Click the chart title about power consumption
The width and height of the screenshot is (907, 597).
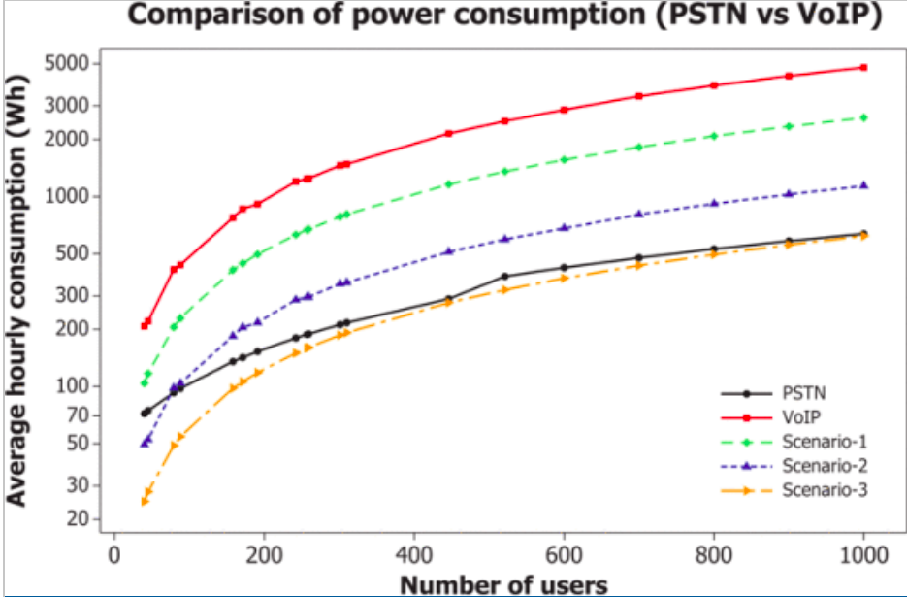pyautogui.click(x=503, y=17)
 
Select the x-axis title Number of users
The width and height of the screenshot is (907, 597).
pyautogui.click(x=503, y=584)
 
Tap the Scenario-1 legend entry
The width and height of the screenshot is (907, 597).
pyautogui.click(x=824, y=442)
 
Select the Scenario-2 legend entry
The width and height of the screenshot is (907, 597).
pyautogui.click(x=824, y=466)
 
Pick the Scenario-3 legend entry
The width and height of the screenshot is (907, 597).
pyautogui.click(x=824, y=490)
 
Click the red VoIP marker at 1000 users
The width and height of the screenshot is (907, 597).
pyautogui.click(x=863, y=67)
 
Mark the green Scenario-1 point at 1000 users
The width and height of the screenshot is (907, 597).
pyautogui.click(x=863, y=117)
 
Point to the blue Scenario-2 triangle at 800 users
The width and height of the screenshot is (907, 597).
pyautogui.click(x=714, y=203)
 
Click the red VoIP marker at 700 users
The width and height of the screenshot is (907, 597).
pyautogui.click(x=638, y=96)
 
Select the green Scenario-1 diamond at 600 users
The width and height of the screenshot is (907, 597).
pyautogui.click(x=564, y=159)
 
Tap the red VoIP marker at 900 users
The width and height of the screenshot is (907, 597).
pyautogui.click(x=789, y=76)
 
